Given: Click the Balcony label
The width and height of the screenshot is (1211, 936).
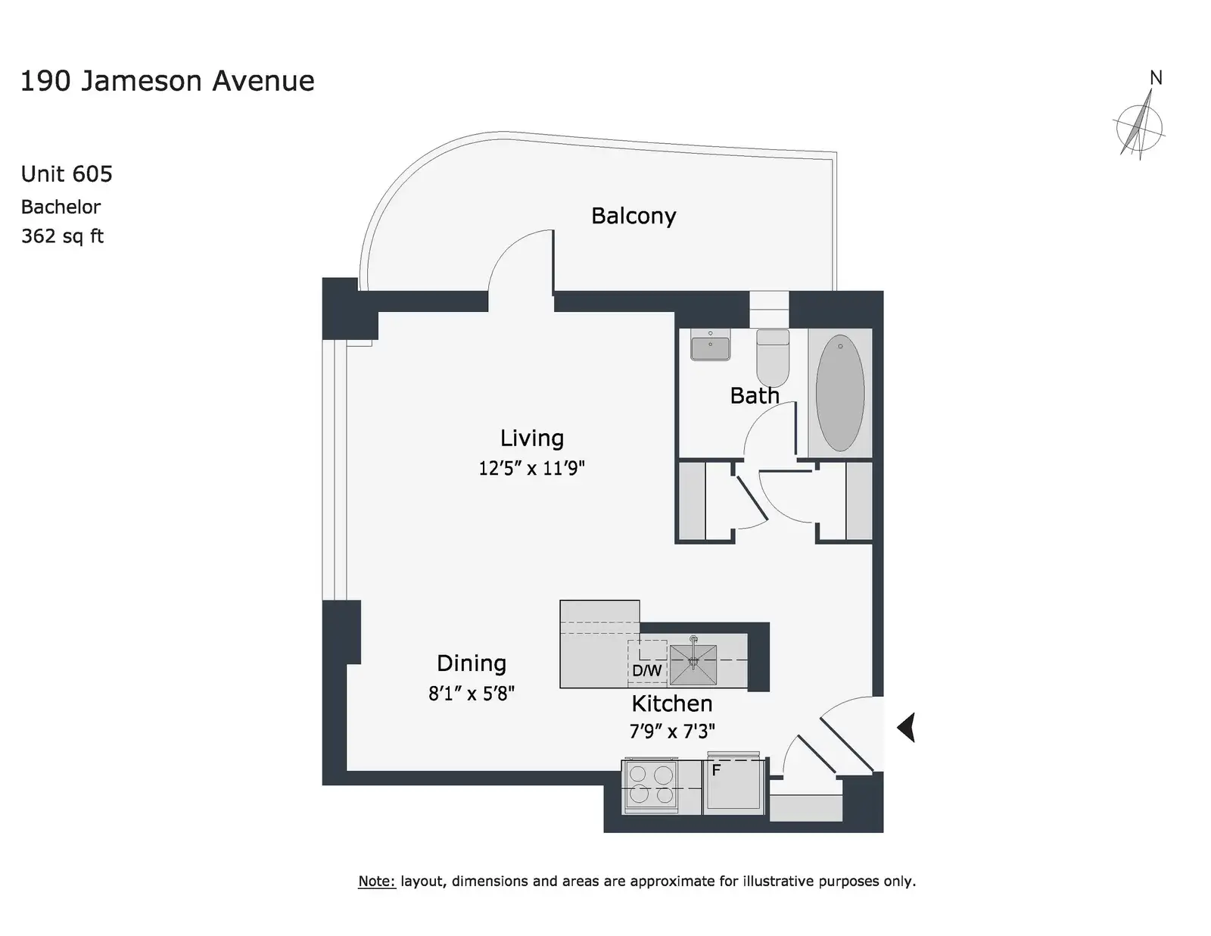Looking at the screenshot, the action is point(633,217).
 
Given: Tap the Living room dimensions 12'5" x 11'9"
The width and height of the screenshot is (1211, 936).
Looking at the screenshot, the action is point(531,468).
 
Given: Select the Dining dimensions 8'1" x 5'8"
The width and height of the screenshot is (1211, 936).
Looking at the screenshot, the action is point(471,694).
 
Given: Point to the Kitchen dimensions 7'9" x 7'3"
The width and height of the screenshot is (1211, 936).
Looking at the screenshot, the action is point(671,731).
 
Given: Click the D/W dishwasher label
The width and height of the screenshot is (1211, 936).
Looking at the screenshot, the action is point(646,670).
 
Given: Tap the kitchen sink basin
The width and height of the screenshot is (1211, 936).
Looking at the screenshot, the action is point(693,664).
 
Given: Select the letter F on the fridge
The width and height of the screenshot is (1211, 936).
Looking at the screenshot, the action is point(716,770).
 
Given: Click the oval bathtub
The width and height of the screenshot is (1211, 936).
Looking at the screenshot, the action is point(840,392).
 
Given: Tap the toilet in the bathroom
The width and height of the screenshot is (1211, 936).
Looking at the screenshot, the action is point(773,357).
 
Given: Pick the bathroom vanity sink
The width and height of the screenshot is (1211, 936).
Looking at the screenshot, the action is point(710,345).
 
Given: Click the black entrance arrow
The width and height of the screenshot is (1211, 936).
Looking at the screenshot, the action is point(906,728).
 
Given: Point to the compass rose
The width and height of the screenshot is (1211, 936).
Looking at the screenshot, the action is point(1139,127).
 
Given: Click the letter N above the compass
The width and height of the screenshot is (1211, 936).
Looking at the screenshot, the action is point(1156,78).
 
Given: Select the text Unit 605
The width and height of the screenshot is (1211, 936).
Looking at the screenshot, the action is point(67,174).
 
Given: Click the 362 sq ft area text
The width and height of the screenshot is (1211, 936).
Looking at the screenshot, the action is point(62,236).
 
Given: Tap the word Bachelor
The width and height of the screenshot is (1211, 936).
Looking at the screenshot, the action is point(61,207).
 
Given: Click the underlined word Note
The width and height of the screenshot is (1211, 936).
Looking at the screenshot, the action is point(377,881).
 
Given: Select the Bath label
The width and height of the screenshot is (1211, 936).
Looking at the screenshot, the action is point(755,396).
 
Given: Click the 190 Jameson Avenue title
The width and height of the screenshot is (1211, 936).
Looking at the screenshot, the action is point(168,81).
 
